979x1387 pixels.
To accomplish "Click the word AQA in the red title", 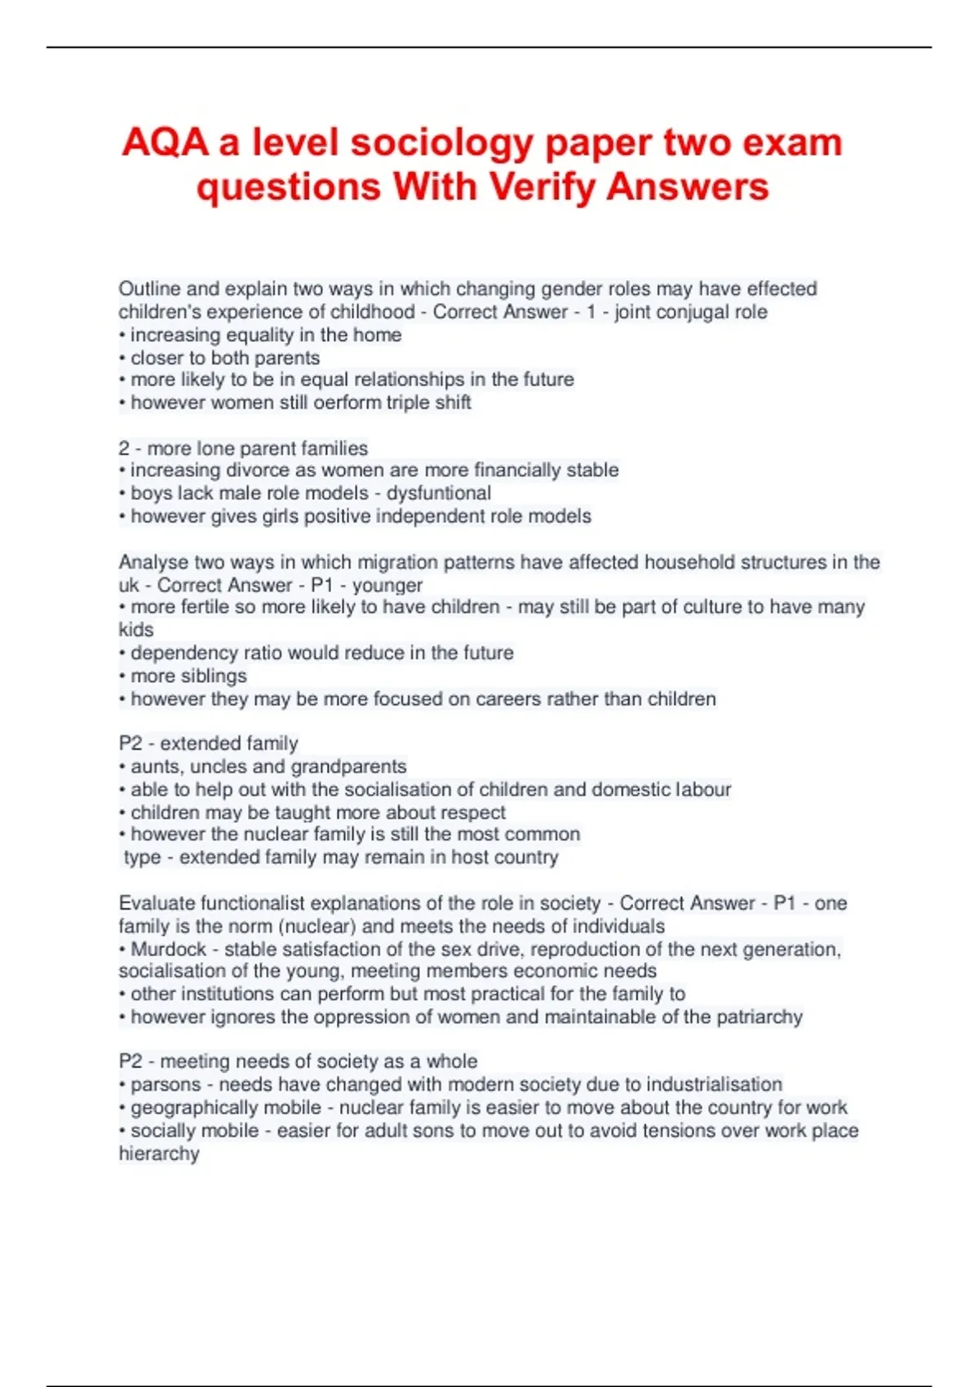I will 165,143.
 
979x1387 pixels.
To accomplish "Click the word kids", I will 135,630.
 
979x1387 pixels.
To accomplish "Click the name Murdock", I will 169,949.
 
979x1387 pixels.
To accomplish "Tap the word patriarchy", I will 760,1017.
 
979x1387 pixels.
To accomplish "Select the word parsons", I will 166,1084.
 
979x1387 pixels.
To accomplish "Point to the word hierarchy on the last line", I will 159,1153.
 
